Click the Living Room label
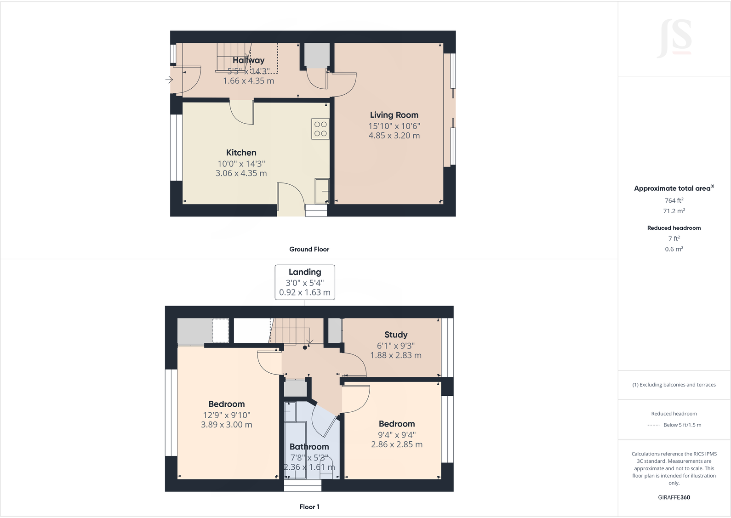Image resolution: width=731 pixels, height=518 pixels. click(394, 115)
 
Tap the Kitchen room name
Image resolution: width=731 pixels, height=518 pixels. click(241, 153)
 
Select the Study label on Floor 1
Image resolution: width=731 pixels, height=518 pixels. click(396, 335)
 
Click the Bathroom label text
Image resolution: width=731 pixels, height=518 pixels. click(309, 447)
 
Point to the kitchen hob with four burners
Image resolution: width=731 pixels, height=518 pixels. click(320, 129)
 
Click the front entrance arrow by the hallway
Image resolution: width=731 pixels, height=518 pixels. click(169, 80)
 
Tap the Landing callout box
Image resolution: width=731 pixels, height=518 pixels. click(305, 282)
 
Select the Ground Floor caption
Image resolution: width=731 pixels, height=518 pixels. click(309, 249)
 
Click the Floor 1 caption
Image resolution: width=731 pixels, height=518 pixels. click(309, 507)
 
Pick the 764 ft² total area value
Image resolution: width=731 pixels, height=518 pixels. click(674, 200)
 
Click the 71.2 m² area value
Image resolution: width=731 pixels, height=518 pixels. click(674, 211)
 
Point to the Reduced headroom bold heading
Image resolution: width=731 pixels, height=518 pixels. click(674, 228)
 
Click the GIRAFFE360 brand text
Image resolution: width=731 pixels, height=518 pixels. click(674, 497)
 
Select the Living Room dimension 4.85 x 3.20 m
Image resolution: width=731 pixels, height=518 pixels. click(394, 136)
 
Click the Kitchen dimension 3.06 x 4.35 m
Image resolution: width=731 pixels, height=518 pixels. click(241, 173)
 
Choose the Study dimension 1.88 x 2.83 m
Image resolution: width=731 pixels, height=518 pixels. click(396, 355)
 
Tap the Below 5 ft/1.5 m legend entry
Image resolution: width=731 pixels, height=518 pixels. click(682, 425)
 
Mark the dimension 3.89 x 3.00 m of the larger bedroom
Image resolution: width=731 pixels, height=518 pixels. click(226, 425)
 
